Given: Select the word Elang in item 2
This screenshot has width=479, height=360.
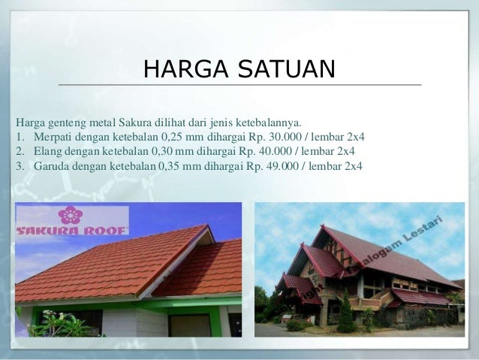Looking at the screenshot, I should (47, 151).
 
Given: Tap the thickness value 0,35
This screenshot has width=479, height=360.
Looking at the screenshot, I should (172, 165).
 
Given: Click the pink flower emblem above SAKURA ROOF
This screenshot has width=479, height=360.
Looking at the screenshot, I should (71, 215).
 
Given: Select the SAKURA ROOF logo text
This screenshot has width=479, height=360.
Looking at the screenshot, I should (72, 230).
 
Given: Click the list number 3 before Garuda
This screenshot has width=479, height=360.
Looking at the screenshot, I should (18, 165).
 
